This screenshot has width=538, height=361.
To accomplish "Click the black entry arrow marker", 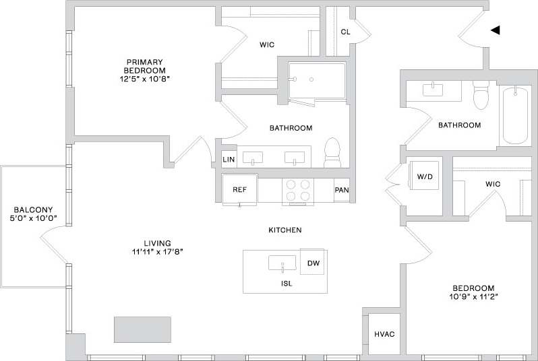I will click(496, 30).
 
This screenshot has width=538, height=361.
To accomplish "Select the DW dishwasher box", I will click(313, 263).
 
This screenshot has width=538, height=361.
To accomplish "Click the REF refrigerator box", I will click(239, 189).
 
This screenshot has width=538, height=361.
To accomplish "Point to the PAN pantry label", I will click(342, 190).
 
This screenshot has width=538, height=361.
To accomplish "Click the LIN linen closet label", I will click(229, 160).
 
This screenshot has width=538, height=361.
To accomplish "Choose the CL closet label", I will click(345, 32).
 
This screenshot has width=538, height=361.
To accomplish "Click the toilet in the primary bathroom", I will click(332, 153).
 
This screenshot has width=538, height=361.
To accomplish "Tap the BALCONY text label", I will click(33, 209).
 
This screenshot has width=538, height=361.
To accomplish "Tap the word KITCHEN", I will click(285, 230).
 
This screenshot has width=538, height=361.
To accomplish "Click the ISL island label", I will click(286, 284).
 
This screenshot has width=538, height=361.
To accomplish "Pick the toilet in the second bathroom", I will click(480, 96).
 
